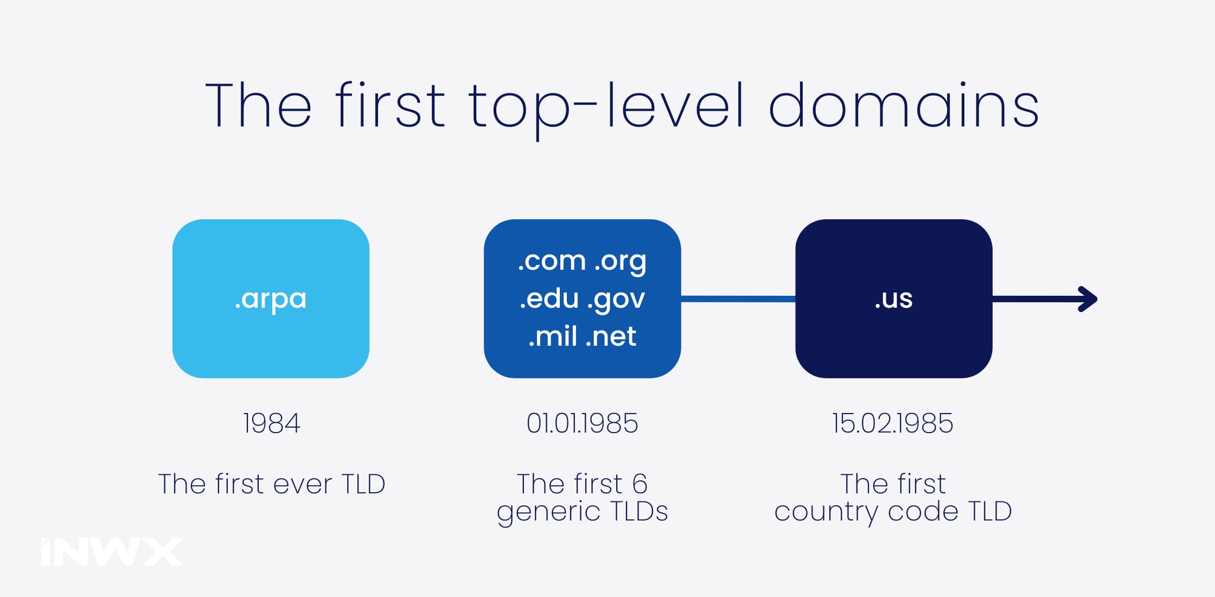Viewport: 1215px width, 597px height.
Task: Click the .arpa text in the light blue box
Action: point(271,299)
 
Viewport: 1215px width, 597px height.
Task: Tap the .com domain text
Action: point(552,261)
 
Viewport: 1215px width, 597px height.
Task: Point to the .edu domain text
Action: point(549,298)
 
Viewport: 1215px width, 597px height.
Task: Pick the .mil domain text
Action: point(553,336)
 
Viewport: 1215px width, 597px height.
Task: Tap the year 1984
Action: point(271,423)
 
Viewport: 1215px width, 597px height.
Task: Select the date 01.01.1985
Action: point(582,423)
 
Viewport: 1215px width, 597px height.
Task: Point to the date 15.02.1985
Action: point(893,423)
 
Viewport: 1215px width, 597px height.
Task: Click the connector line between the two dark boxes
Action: point(738,299)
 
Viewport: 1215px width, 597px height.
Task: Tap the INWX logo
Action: point(112,552)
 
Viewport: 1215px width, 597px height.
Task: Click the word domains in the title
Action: point(904,105)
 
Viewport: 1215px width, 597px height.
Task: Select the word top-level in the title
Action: point(606,109)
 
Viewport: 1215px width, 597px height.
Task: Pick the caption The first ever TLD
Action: point(272,484)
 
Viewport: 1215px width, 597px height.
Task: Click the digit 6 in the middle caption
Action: point(640,484)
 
